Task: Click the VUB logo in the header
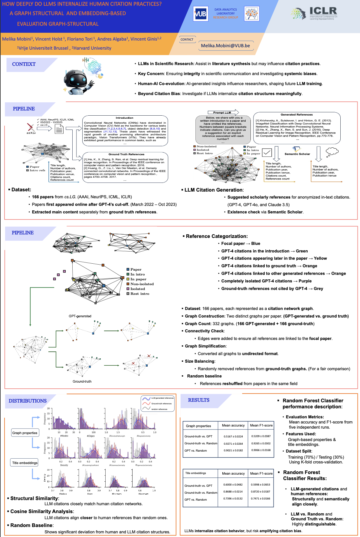[200, 14]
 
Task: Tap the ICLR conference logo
[315, 13]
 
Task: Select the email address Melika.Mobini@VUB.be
[225, 46]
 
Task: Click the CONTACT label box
[187, 39]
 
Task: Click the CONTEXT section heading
[24, 64]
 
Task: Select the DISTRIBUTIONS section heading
[28, 401]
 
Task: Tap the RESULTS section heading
[199, 400]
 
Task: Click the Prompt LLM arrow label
[222, 113]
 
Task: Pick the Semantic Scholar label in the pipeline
[297, 154]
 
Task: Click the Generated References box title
[296, 114]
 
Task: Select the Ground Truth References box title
[126, 154]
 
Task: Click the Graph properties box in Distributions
[25, 433]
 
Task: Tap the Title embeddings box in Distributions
[25, 463]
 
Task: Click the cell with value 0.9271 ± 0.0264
[233, 443]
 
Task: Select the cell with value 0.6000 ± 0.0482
[233, 485]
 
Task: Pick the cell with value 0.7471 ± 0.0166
[260, 499]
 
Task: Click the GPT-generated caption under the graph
[80, 316]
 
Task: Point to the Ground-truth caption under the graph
[82, 381]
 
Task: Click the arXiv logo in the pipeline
[31, 129]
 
